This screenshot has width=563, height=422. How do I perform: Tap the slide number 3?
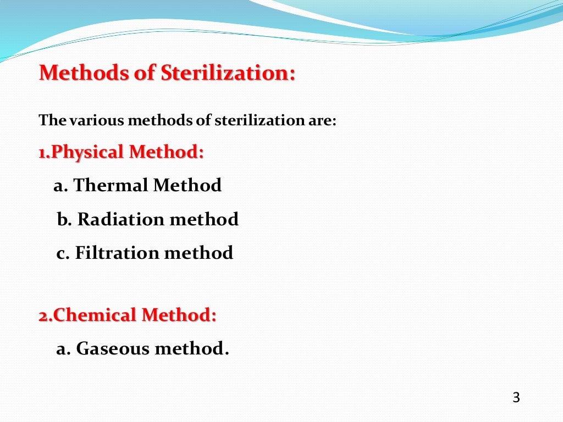pyautogui.click(x=516, y=398)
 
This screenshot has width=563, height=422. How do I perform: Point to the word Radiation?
pyautogui.click(x=120, y=219)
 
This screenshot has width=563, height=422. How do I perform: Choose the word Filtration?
pyautogui.click(x=117, y=253)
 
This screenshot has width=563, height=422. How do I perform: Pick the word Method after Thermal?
pyautogui.click(x=187, y=185)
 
